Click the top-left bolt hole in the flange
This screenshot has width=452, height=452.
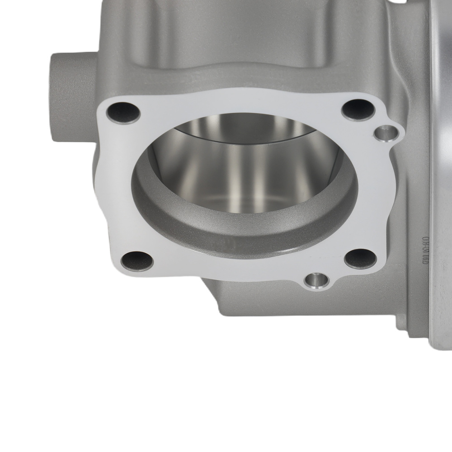pyautogui.click(x=124, y=113)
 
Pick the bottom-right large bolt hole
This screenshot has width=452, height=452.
pyautogui.click(x=360, y=258)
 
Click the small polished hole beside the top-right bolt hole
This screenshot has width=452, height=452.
pyautogui.click(x=386, y=133)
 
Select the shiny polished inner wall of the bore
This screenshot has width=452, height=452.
pyautogui.click(x=244, y=167)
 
